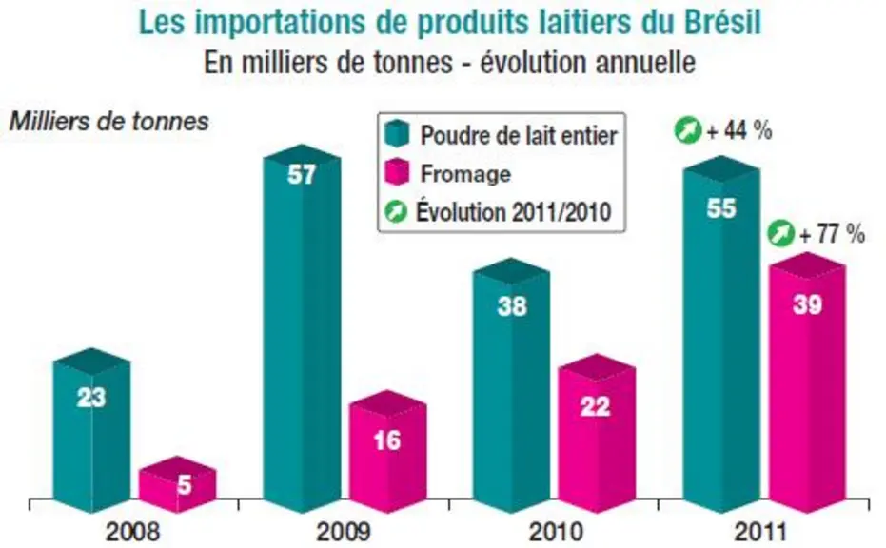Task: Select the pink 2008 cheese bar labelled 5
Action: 178,484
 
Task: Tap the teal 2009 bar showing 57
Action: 302,329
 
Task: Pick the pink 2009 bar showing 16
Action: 387,451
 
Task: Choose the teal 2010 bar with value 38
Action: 511,386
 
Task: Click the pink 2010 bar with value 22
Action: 598,434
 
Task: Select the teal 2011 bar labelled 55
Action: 721,335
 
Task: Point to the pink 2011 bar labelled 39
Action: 807,383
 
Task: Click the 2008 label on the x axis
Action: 133,532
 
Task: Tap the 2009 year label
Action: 344,532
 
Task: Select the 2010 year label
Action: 555,532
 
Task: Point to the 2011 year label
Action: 760,532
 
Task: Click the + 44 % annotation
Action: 739,131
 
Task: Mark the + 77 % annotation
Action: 833,233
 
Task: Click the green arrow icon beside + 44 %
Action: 688,130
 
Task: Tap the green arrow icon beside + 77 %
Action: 781,233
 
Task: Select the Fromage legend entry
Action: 447,173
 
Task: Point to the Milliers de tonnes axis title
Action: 109,122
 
